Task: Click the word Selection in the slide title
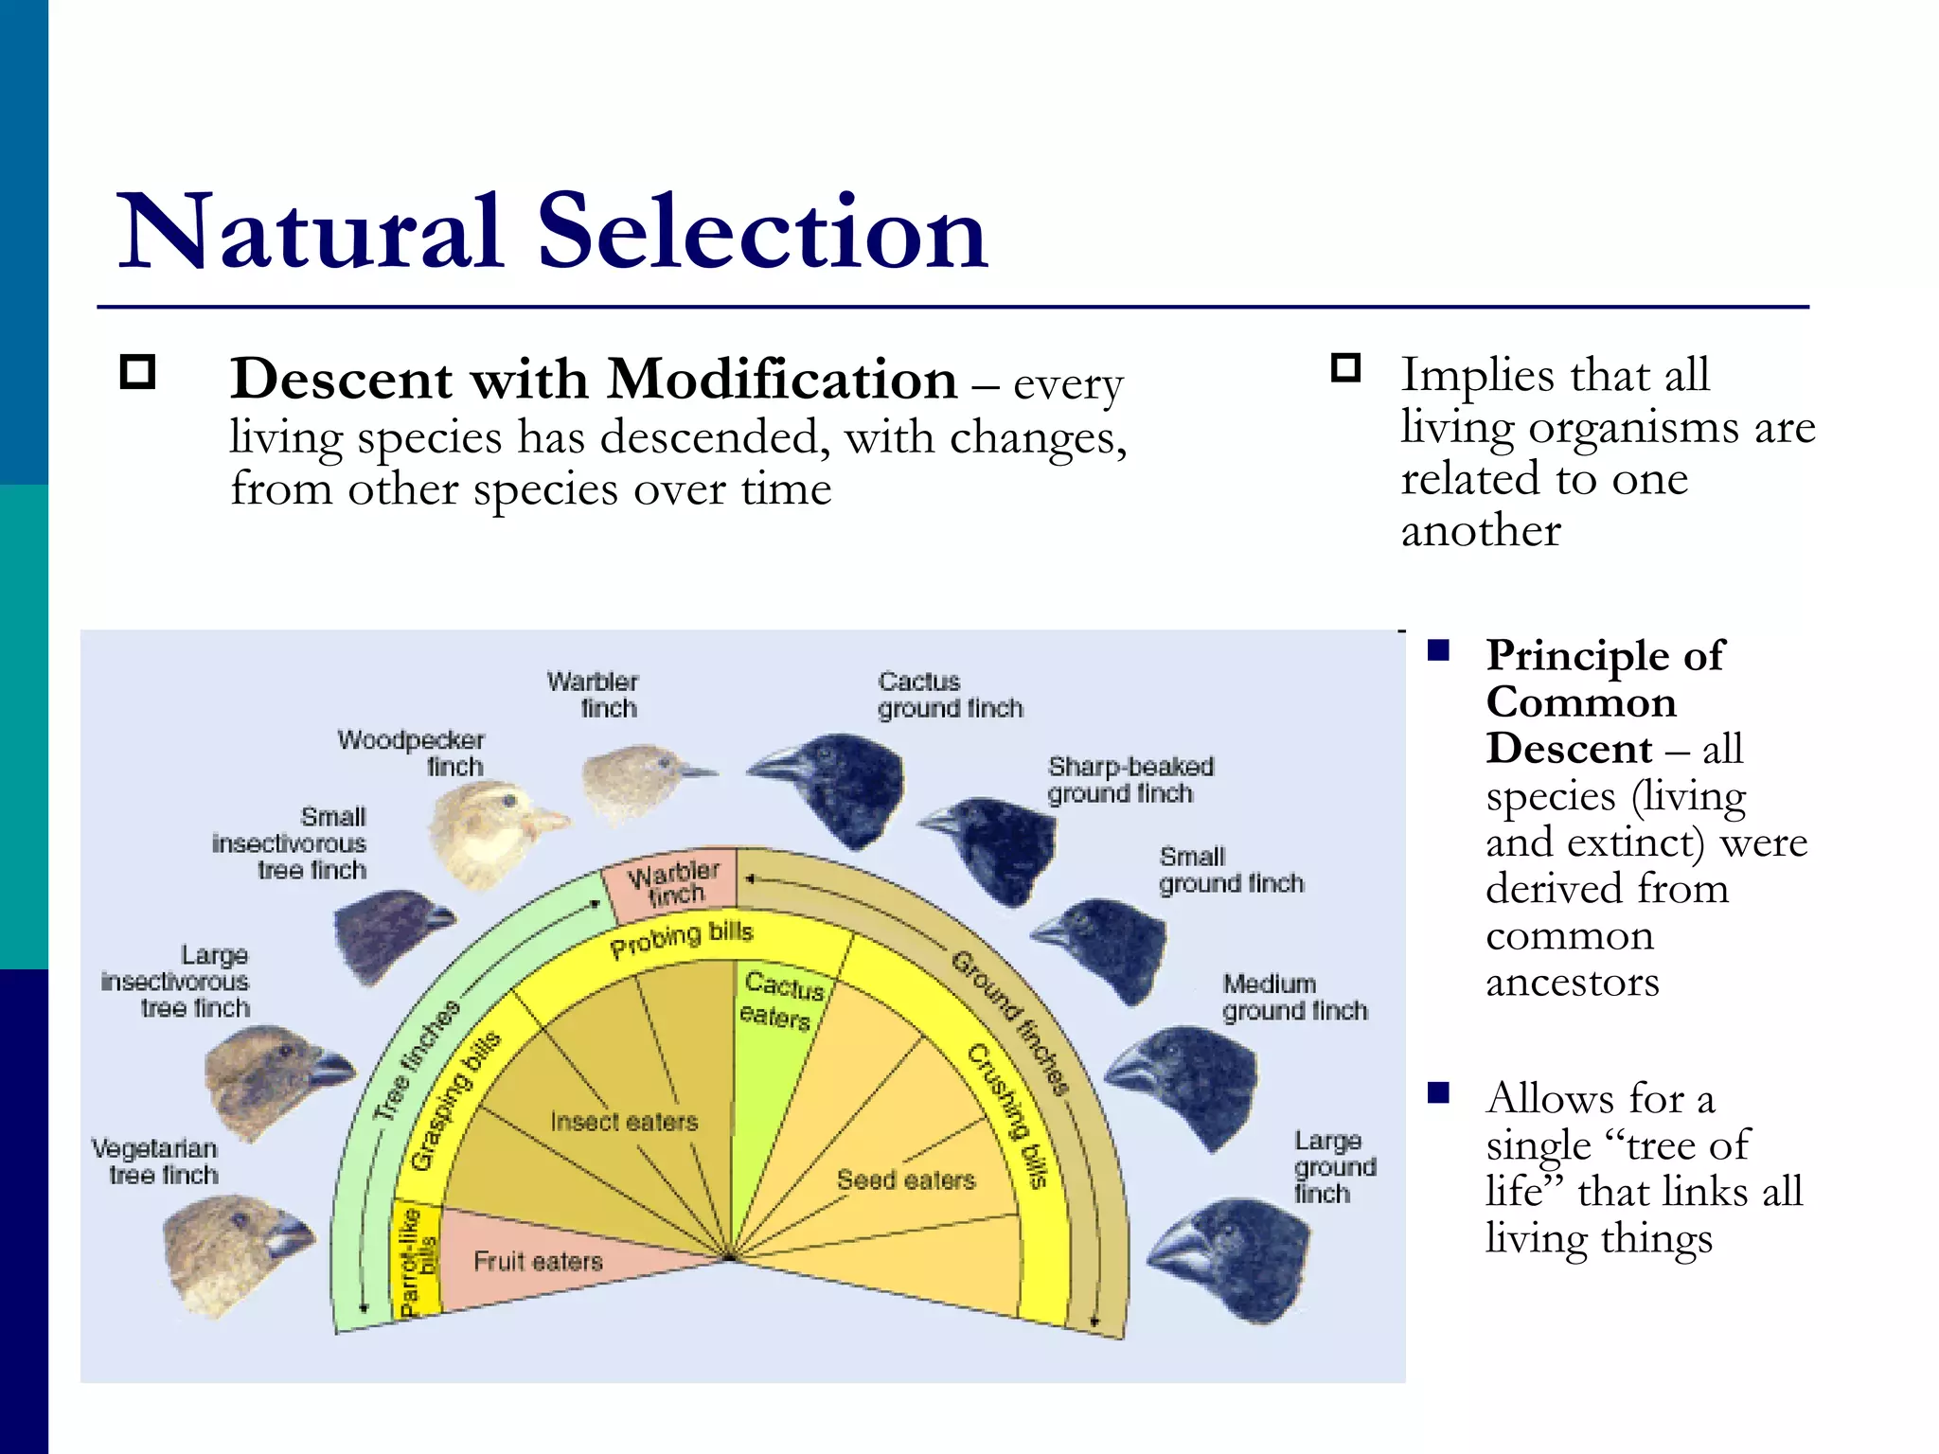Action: [x=762, y=232]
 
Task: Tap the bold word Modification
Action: [x=782, y=381]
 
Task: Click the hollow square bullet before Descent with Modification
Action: [x=138, y=372]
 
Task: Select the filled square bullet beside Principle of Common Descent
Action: [x=1439, y=650]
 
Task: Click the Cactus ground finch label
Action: [x=949, y=695]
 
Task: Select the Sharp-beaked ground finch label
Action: [x=1129, y=779]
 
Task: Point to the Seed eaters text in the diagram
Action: [x=905, y=1179]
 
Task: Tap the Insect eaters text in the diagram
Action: [x=624, y=1122]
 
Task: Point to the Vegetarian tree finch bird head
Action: [x=227, y=1254]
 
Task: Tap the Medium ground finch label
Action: [x=1293, y=997]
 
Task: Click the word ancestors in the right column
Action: [x=1572, y=982]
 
